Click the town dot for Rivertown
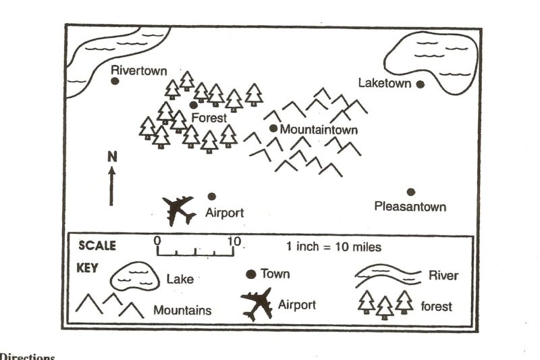tap(115, 81)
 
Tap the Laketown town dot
tap(420, 84)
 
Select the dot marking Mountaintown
tap(273, 128)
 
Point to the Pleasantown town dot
tap(410, 192)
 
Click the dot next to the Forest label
tap(194, 105)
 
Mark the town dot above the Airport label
tap(211, 196)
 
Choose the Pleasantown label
tap(410, 207)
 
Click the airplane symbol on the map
tap(179, 210)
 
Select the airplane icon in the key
tap(256, 303)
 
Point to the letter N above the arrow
tap(112, 157)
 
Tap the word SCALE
tap(97, 245)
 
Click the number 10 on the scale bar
tap(234, 240)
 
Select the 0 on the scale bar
tap(157, 240)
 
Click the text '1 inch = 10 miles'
tap(333, 247)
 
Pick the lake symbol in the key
tap(131, 276)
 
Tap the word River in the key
tap(443, 276)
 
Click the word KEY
tap(88, 267)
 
